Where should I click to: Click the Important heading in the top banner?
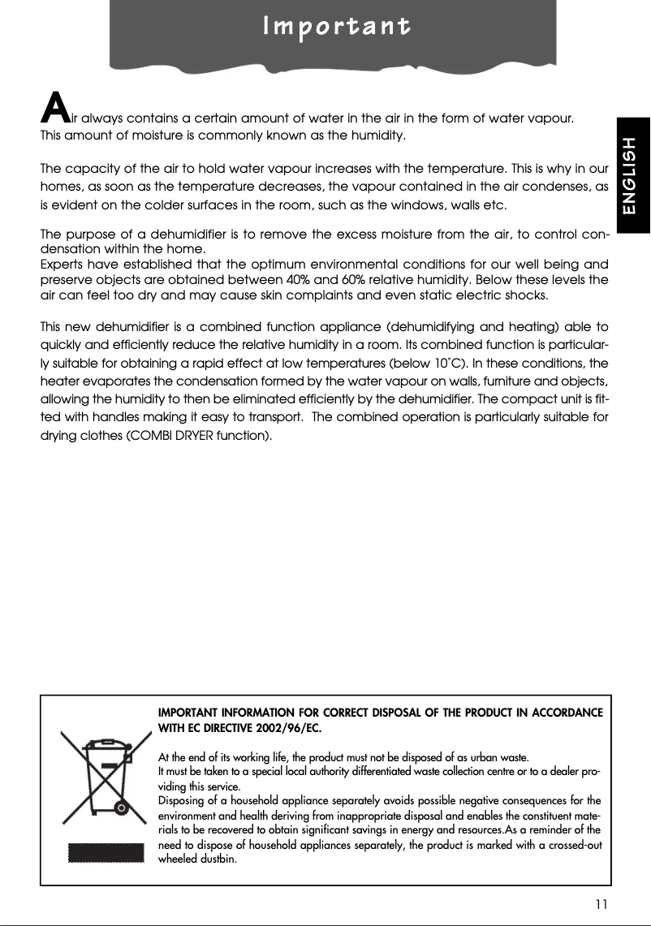coord(336,27)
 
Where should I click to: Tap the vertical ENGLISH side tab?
coord(631,175)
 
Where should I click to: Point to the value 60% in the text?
coord(351,281)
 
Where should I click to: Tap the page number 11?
coord(601,903)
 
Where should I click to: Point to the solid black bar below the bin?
coord(97,853)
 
